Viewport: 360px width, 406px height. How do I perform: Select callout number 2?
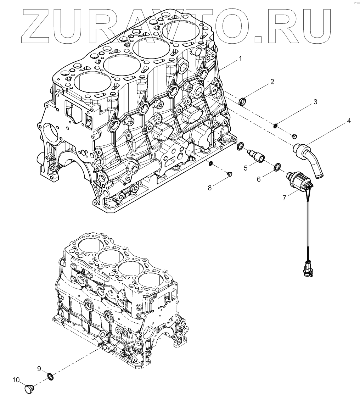(272, 82)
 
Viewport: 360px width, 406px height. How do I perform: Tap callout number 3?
(315, 102)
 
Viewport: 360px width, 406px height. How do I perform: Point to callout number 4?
(349, 121)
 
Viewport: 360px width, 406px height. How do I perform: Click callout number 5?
(246, 168)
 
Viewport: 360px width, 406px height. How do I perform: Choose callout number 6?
(259, 179)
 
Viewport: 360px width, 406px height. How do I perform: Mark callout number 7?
(284, 198)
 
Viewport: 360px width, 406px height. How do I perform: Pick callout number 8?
(210, 188)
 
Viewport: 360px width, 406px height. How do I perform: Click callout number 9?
(39, 368)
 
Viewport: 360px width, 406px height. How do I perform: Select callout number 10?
(16, 380)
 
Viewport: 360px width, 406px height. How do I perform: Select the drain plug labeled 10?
(29, 389)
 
